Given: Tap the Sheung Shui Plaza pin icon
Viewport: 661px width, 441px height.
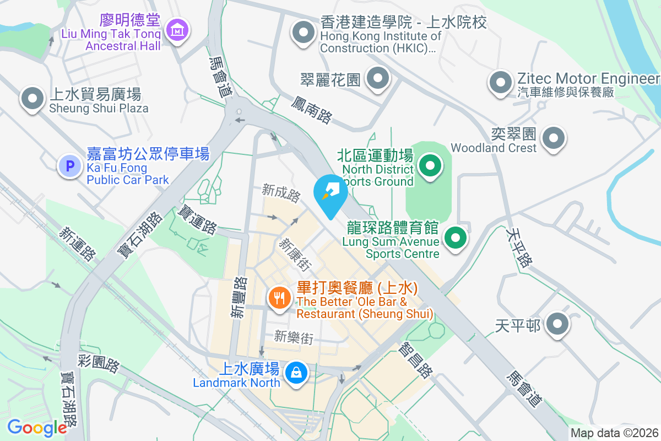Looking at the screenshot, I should tap(32, 99).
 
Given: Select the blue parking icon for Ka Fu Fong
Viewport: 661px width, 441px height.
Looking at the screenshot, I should tap(70, 165).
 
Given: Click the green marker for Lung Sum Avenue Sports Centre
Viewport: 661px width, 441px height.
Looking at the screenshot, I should tap(456, 239).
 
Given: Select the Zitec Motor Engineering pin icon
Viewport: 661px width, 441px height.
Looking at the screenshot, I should tap(500, 83).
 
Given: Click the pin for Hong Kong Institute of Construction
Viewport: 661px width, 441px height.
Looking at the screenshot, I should tap(303, 31).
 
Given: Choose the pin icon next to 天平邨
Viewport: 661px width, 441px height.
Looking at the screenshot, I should tap(557, 324).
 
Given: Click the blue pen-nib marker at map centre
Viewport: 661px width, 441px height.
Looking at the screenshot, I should tap(330, 193).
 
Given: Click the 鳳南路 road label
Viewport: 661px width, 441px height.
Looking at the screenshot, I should tap(312, 109).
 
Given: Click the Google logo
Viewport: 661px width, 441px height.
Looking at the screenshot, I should tap(36, 428).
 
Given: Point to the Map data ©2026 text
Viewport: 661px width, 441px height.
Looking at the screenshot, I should tap(614, 433).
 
